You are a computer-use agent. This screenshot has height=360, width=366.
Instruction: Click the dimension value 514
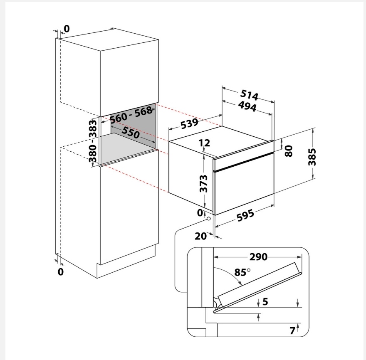coord(249,95)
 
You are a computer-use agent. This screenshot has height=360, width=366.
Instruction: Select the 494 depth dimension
coord(247,106)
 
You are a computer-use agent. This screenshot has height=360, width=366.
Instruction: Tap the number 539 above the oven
coord(190,123)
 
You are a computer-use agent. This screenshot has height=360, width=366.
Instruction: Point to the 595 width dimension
coord(245,216)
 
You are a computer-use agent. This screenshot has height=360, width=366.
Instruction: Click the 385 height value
coord(312,157)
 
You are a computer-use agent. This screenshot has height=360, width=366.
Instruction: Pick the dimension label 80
coord(289,151)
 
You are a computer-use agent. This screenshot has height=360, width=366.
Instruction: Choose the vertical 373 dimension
coord(203,184)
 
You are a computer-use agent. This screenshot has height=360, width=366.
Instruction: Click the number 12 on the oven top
coord(205,143)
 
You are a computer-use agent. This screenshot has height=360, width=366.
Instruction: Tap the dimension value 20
coord(200,237)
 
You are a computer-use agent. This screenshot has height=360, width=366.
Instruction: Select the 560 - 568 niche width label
coord(131,115)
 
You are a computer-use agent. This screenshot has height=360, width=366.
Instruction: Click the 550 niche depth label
coord(131,132)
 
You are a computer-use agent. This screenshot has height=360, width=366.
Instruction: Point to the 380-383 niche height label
coord(93,141)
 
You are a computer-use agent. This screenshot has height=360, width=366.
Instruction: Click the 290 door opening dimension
coord(258,257)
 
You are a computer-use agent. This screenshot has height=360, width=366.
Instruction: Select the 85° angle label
coord(242,272)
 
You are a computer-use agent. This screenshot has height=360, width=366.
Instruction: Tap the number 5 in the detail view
coord(265,302)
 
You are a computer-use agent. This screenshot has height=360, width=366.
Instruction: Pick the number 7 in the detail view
coord(292,331)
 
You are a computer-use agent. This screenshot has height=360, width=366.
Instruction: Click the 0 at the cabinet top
coord(67,29)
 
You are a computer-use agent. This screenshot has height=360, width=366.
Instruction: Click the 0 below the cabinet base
coord(60,272)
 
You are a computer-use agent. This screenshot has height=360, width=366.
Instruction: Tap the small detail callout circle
coord(208,219)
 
